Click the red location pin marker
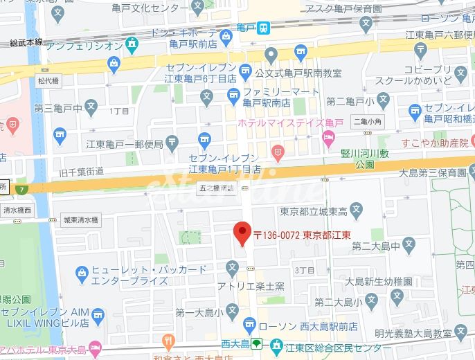click(242, 233)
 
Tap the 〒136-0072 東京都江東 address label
click(302, 235)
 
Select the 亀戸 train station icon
click(264, 28)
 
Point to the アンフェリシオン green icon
click(132, 45)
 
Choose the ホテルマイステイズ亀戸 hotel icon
click(329, 135)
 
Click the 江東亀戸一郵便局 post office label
click(125, 144)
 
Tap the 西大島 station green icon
click(256, 343)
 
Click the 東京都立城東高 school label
click(305, 210)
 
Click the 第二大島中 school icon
click(409, 244)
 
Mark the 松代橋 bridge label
click(49, 80)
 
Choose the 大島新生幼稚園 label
click(377, 282)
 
